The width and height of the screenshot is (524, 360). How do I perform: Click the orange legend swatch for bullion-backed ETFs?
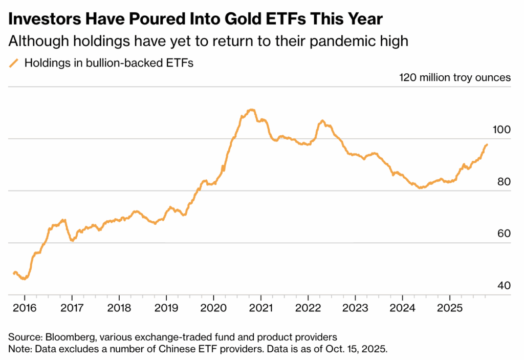point(14,63)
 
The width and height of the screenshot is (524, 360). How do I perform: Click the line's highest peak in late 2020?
point(251,110)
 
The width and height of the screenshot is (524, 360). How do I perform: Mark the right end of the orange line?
point(487,144)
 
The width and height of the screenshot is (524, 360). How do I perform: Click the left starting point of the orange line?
point(14,273)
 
